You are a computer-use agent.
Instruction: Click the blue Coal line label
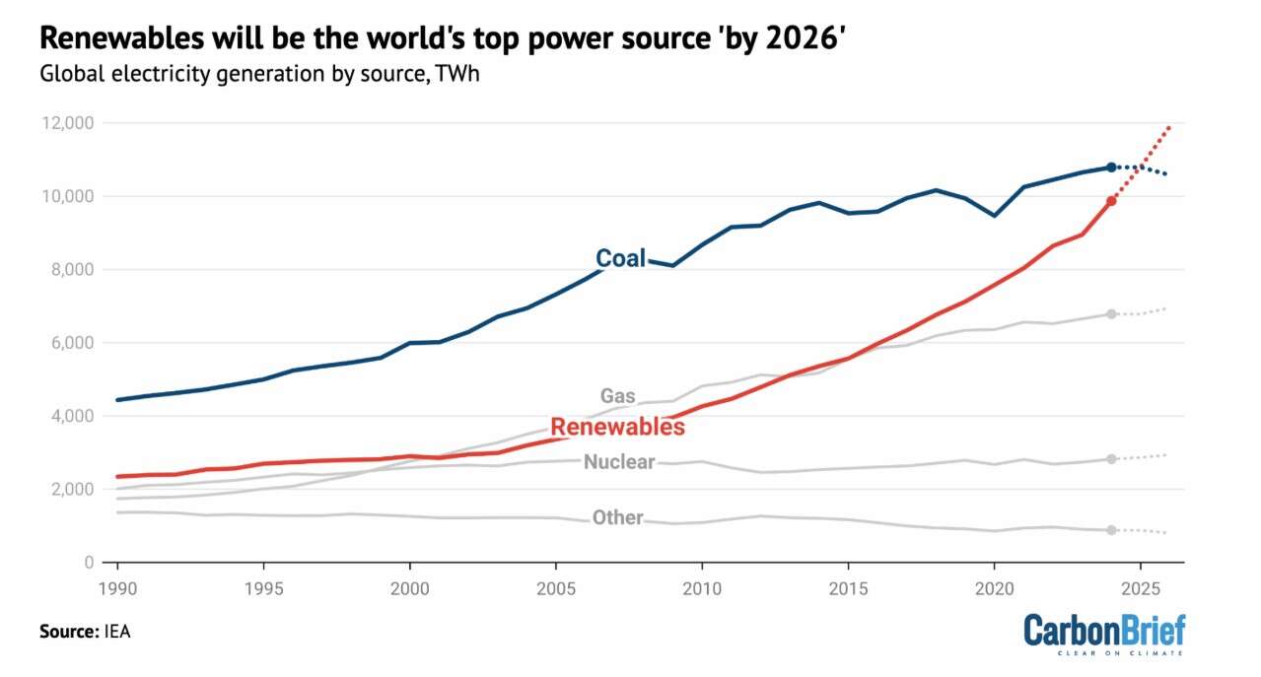tap(620, 258)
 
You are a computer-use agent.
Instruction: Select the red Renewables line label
tap(617, 427)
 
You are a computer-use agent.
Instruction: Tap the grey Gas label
tap(618, 396)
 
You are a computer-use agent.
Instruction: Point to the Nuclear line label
tap(619, 461)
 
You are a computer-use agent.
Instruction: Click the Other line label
tap(617, 517)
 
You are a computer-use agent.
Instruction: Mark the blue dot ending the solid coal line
tap(1111, 168)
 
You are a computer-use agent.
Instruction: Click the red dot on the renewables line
tap(1111, 201)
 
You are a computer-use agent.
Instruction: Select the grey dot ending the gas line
tap(1111, 314)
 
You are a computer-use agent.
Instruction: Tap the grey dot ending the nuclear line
tap(1111, 459)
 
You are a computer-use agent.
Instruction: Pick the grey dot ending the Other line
tap(1111, 530)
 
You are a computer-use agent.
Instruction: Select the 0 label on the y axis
tap(89, 563)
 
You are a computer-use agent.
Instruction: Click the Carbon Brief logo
tap(1103, 635)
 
